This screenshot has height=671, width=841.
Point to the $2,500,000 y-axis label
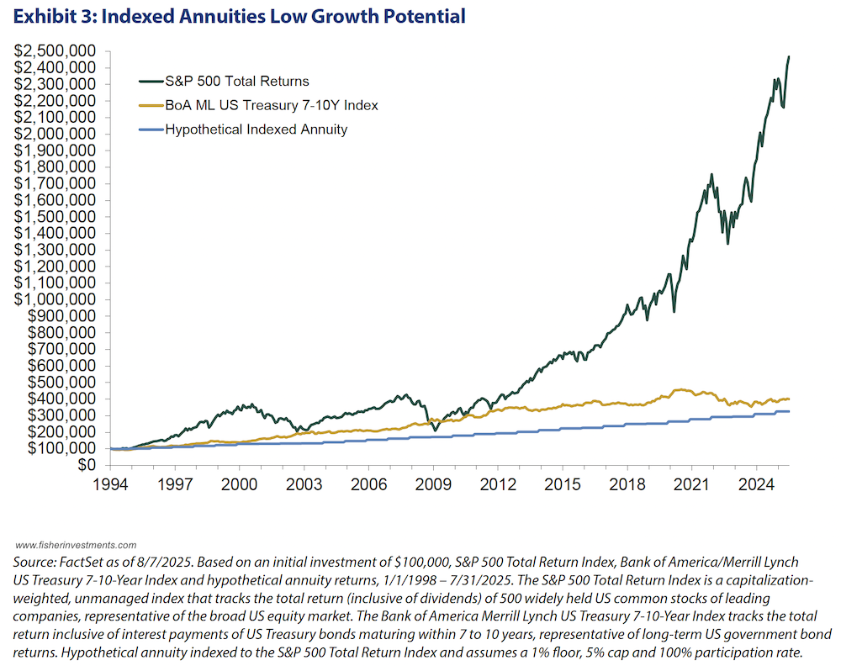56,51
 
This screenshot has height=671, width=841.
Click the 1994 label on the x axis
110,484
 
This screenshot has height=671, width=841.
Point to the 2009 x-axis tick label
433,484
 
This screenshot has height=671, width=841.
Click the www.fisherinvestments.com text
76,545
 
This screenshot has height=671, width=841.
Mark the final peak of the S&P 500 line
789,57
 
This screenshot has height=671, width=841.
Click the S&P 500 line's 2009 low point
435,431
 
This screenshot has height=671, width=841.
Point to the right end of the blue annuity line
789,411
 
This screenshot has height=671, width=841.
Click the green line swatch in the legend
150,82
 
